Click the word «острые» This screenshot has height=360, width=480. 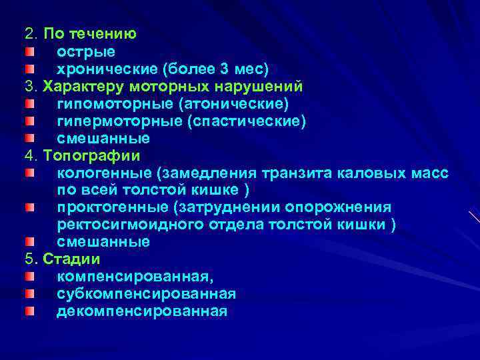85,51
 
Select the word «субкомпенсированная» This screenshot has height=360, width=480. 146,294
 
